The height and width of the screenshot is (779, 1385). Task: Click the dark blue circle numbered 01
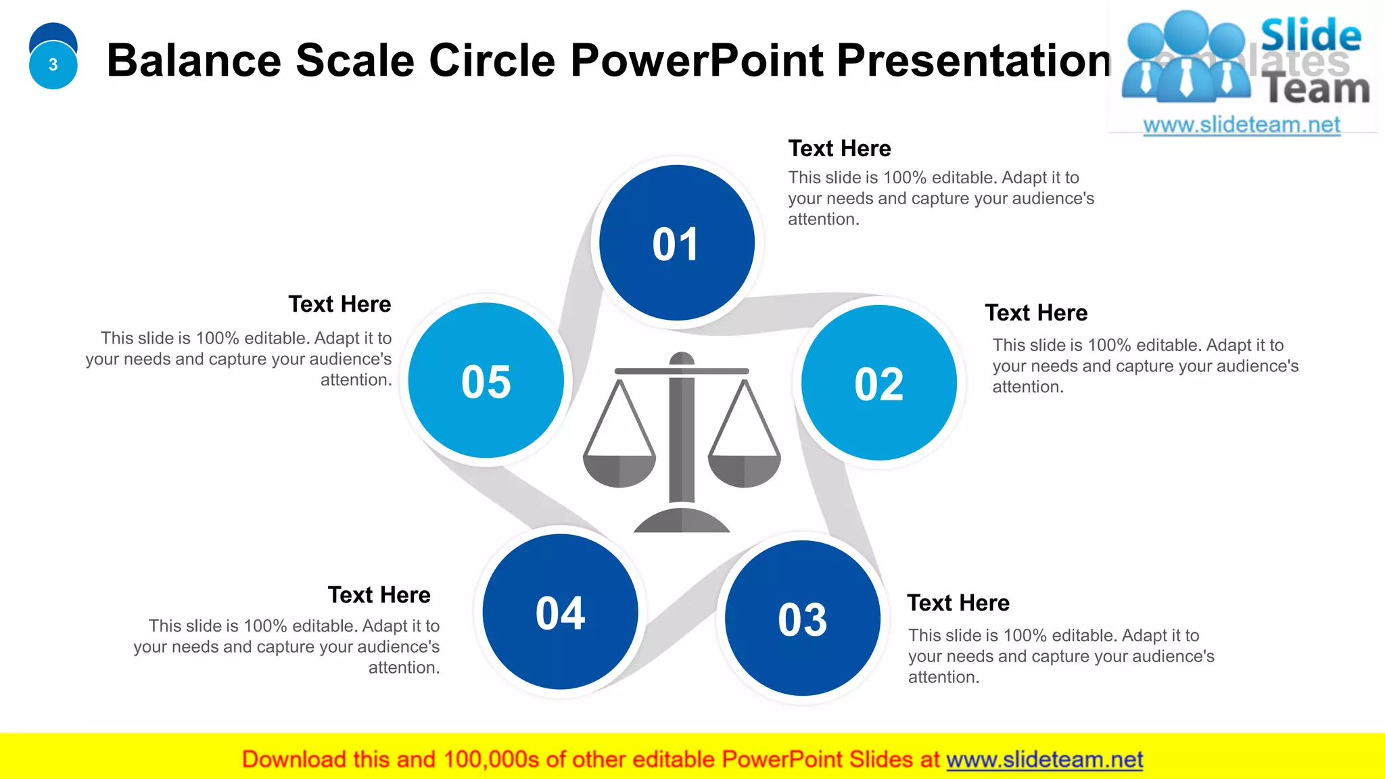676,243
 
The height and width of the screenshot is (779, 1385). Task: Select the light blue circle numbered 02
878,383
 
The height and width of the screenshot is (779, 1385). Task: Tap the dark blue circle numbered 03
802,618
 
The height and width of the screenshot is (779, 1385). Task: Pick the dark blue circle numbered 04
560,612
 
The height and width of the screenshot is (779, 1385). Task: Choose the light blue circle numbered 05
486,381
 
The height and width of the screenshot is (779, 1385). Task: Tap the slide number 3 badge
53,65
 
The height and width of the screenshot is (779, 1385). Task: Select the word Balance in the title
193,61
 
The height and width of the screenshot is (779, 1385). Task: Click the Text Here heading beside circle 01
839,149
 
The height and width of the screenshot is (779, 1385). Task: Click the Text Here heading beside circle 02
1035,313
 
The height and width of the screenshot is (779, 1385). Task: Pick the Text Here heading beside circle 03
958,603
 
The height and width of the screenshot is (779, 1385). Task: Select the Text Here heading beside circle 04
379,595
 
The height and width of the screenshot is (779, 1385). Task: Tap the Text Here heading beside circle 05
339,304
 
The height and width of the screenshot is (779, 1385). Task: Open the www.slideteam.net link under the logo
1242,125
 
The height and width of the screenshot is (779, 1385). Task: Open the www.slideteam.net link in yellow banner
1044,759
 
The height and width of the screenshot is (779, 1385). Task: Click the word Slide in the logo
1311,35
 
